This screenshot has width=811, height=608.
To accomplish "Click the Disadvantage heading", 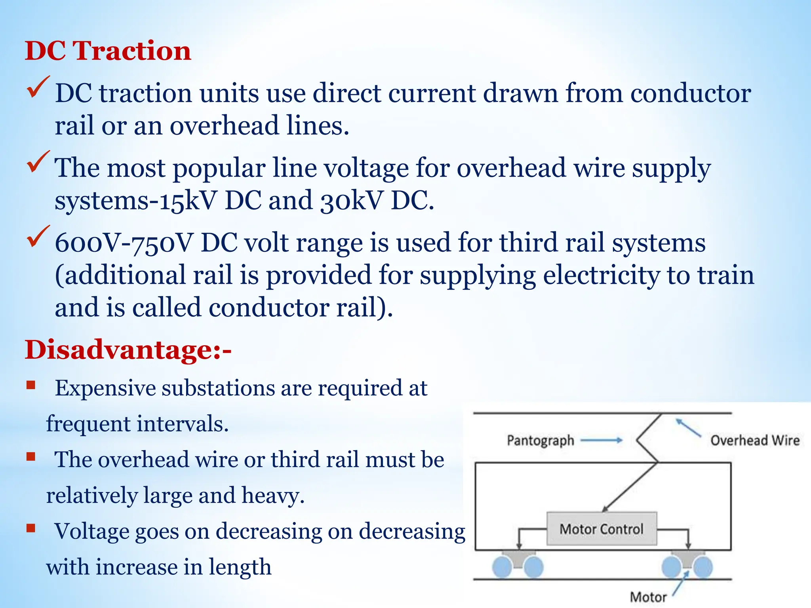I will pos(128,350).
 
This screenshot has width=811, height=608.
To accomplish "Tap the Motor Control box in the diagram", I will pos(602,529).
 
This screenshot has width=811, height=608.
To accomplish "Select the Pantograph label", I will pos(540,440).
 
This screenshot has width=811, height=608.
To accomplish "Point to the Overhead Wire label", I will pos(755,440).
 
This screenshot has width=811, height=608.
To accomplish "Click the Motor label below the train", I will pos(648,597).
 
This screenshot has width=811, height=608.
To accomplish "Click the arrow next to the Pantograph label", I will pos(601,440).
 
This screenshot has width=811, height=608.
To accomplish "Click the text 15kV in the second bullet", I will pos(188,200).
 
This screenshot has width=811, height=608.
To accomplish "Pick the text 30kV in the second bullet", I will pos(351,200).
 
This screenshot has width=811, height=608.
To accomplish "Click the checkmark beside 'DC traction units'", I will pos(38,87).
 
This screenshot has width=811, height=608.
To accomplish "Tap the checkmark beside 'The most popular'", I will pos(38,162).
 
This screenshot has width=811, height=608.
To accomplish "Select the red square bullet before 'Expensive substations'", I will pos(31,385).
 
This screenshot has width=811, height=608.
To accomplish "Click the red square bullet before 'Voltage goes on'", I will pos(31,528).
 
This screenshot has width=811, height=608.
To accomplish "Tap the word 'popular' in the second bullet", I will pos(219,169).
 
